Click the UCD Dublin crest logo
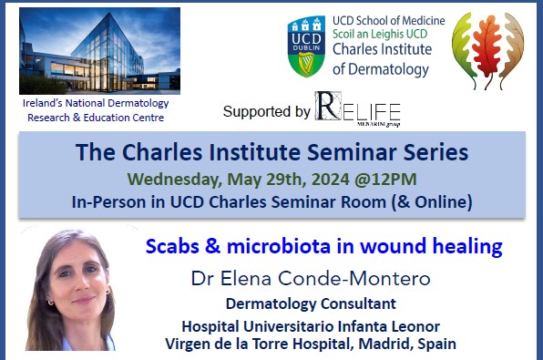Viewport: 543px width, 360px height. tap(306, 46)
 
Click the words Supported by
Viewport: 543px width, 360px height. tap(266, 111)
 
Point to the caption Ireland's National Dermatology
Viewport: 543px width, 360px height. tap(97, 103)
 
